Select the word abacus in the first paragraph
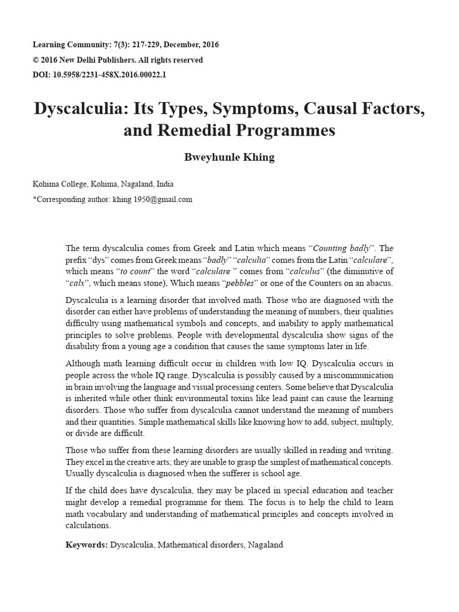pos(379,283)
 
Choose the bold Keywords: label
pos(87,545)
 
